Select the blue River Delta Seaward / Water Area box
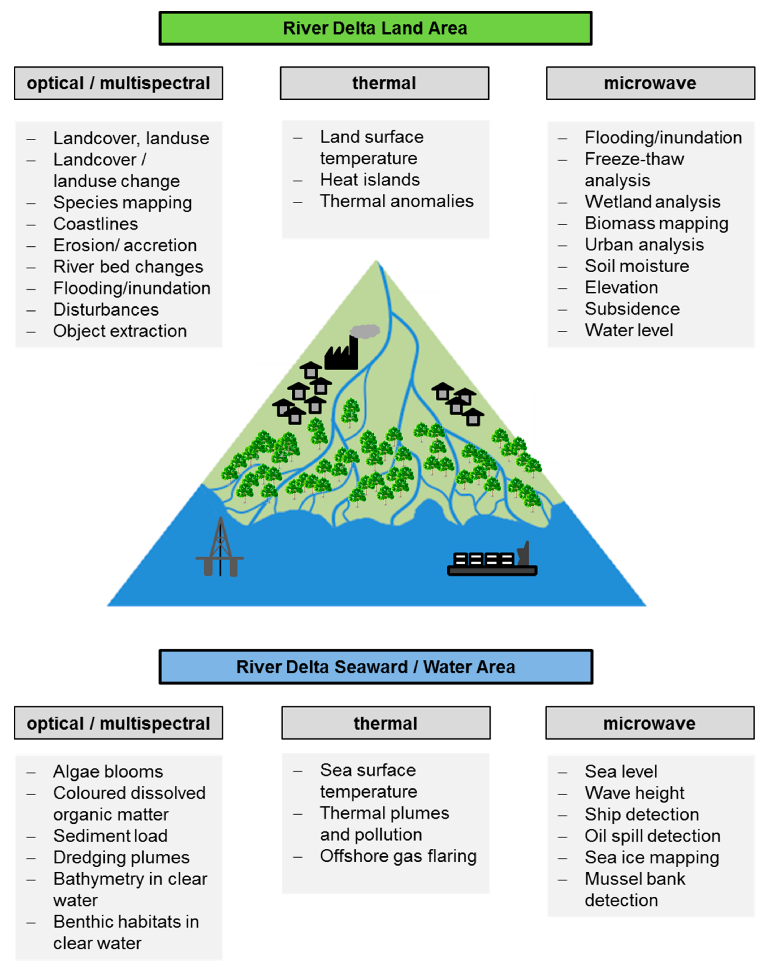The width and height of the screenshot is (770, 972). click(x=375, y=667)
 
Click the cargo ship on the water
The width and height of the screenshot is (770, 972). click(x=492, y=560)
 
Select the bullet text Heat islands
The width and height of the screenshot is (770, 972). click(x=369, y=180)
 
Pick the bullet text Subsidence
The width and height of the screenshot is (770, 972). click(x=632, y=309)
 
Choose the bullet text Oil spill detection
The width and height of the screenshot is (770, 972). click(x=652, y=836)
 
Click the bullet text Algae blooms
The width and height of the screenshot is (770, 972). click(x=108, y=771)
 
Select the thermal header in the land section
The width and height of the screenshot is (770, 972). click(x=384, y=83)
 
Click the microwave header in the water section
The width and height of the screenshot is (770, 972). click(x=649, y=723)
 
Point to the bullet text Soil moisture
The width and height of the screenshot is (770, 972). click(x=636, y=266)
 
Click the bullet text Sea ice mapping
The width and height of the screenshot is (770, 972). click(x=651, y=858)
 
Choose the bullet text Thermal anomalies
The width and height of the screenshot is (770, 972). click(x=396, y=201)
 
